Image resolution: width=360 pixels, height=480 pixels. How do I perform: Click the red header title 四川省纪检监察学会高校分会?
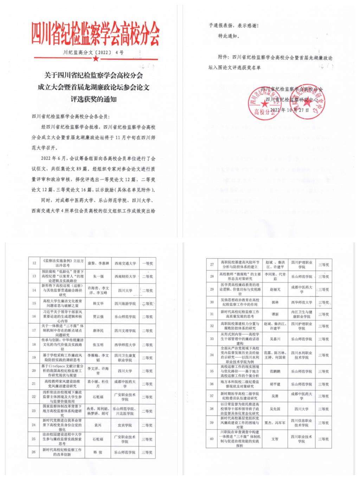tap(95, 34)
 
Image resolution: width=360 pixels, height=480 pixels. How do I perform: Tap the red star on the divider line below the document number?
tap(95, 58)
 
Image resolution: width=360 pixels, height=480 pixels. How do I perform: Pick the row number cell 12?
tap(34, 263)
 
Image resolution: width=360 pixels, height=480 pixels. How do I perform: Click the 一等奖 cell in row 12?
tap(147, 263)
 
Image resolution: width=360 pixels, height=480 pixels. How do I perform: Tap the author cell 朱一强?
tap(98, 276)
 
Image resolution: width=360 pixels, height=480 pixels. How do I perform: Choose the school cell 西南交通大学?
tap(125, 263)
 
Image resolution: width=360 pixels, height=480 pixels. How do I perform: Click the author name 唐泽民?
tap(98, 331)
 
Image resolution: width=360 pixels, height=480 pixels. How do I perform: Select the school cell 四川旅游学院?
tap(125, 303)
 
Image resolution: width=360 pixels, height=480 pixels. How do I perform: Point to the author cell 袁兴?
tap(98, 425)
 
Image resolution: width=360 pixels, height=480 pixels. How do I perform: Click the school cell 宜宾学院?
tap(125, 425)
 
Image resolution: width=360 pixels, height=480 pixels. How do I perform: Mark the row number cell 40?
tap(212, 439)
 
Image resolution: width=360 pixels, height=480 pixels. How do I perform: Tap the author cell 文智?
tap(275, 439)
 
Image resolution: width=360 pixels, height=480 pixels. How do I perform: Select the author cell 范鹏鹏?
tap(275, 371)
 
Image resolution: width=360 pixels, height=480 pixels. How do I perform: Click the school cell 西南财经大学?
tap(125, 276)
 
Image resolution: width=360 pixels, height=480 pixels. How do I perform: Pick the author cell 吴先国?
tap(275, 409)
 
